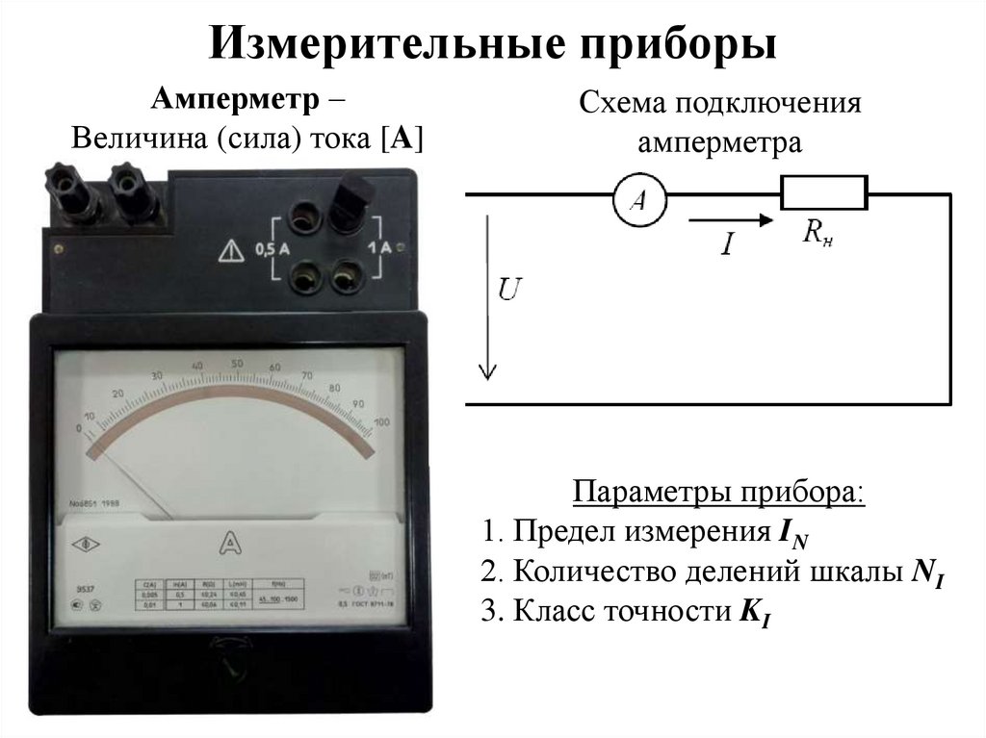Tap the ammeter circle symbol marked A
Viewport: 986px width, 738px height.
636,198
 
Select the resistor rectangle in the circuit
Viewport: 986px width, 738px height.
823,191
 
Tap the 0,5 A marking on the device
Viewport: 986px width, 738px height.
272,249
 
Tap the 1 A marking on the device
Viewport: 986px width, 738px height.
379,247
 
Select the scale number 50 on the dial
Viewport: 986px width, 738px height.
236,364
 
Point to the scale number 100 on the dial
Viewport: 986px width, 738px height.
381,422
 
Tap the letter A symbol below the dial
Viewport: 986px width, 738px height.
229,544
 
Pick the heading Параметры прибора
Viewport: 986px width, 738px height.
719,495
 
